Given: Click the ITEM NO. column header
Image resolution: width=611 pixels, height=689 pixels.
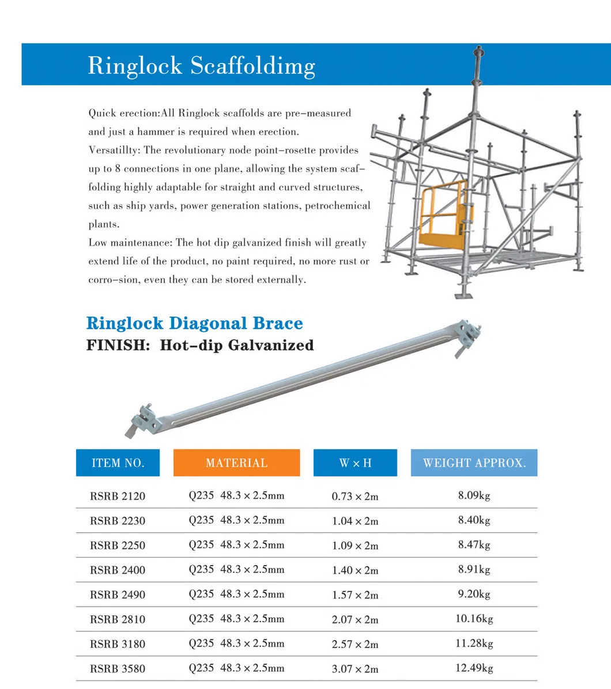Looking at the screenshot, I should pyautogui.click(x=118, y=463).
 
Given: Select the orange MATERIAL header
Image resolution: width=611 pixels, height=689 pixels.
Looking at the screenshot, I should pyautogui.click(x=236, y=463).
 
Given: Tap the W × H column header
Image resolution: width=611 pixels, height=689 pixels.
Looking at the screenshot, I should pyautogui.click(x=355, y=463).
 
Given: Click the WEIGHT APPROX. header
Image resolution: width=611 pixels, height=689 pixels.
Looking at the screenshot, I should pyautogui.click(x=474, y=463).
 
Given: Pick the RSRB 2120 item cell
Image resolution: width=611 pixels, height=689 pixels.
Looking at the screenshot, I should pyautogui.click(x=118, y=496).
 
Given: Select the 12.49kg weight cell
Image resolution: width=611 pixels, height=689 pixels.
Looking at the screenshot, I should pyautogui.click(x=474, y=668).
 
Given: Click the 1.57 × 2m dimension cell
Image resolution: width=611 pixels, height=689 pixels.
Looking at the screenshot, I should pyautogui.click(x=355, y=594).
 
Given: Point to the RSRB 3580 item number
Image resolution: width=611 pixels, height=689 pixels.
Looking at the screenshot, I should pyautogui.click(x=118, y=669).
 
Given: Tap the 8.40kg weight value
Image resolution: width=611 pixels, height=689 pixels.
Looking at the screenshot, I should pyautogui.click(x=474, y=520).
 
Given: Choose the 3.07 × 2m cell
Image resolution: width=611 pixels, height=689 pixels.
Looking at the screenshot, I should pyautogui.click(x=355, y=669).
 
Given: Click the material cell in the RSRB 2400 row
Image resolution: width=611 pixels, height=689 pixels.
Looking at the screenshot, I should pyautogui.click(x=236, y=570).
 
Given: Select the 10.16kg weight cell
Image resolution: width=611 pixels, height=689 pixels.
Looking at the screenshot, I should pyautogui.click(x=474, y=619).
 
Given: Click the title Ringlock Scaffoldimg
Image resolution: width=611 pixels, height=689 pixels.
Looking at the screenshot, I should pyautogui.click(x=201, y=66).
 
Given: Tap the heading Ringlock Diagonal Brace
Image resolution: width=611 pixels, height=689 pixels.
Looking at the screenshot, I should pyautogui.click(x=194, y=323).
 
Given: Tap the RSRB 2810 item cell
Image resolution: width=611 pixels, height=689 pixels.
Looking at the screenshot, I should pyautogui.click(x=118, y=619).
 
